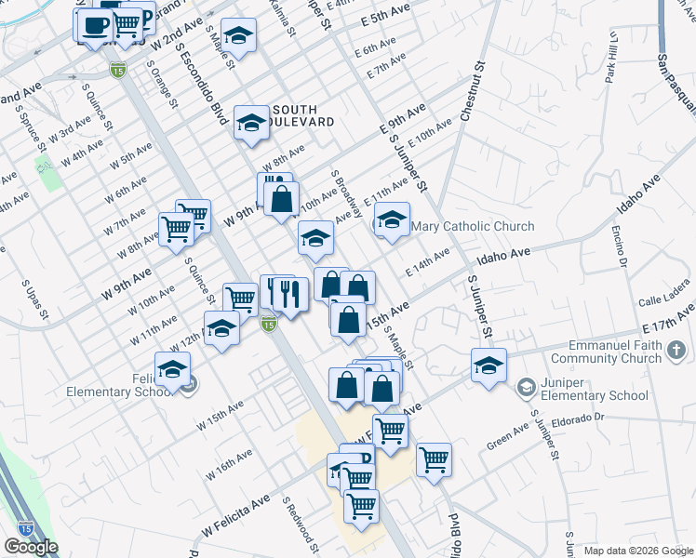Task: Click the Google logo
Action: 31,547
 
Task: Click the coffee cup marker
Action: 93,24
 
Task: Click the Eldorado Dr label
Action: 579,420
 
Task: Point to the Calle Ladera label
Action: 663,301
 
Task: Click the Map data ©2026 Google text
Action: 638,551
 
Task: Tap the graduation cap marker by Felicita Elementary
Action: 172,369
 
